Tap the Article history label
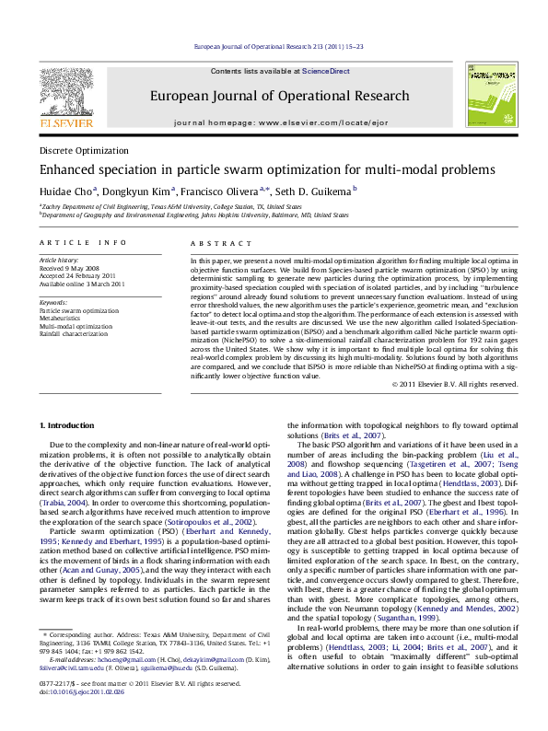[60, 261]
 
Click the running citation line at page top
[274, 46]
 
